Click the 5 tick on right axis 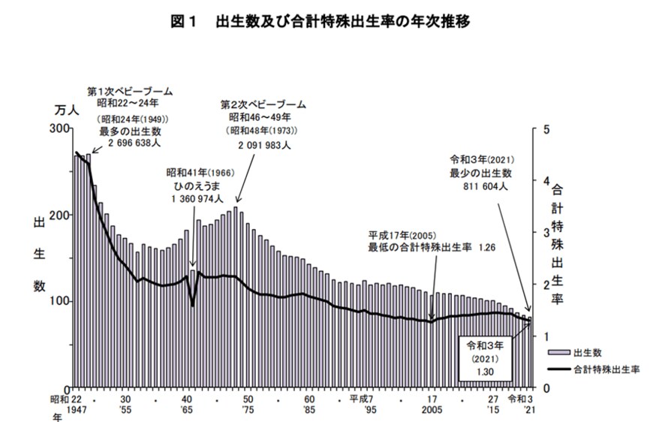(545, 129)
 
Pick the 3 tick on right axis (545, 233)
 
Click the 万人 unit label (67, 110)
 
